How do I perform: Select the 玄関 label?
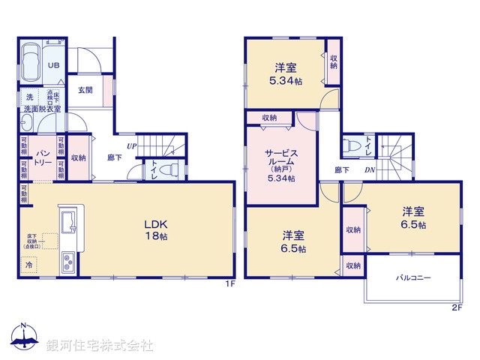coord(85,90)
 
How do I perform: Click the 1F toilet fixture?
coord(171,169)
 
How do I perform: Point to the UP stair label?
coord(131,145)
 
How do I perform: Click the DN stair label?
coord(370,169)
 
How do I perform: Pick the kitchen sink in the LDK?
coord(67,222)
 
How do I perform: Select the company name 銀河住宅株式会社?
coord(100,345)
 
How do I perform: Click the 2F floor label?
coord(455,306)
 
